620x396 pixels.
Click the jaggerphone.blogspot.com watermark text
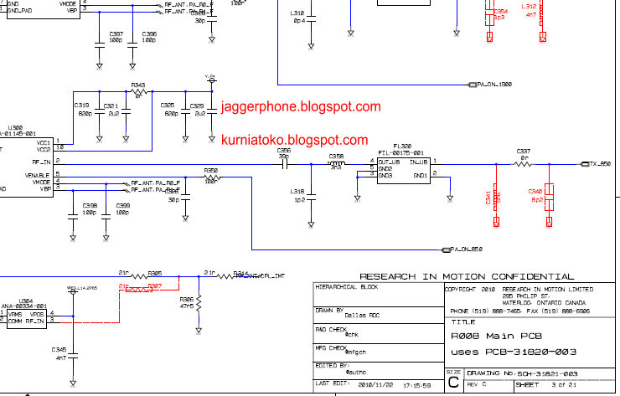[x=302, y=107]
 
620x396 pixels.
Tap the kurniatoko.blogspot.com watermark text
[x=294, y=141]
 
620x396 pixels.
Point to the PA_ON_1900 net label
[x=493, y=84]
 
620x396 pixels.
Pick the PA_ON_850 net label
[x=467, y=249]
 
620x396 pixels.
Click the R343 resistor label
[x=138, y=85]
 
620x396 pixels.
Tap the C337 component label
[x=524, y=151]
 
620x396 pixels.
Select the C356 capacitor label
[x=284, y=151]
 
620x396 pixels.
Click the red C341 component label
[x=488, y=199]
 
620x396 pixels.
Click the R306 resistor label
[x=186, y=299]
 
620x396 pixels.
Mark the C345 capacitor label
[x=59, y=349]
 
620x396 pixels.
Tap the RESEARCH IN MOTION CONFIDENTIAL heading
[x=467, y=276]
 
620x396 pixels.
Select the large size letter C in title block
[x=453, y=381]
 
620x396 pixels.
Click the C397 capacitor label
[x=116, y=33]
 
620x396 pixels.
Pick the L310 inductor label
[x=297, y=13]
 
